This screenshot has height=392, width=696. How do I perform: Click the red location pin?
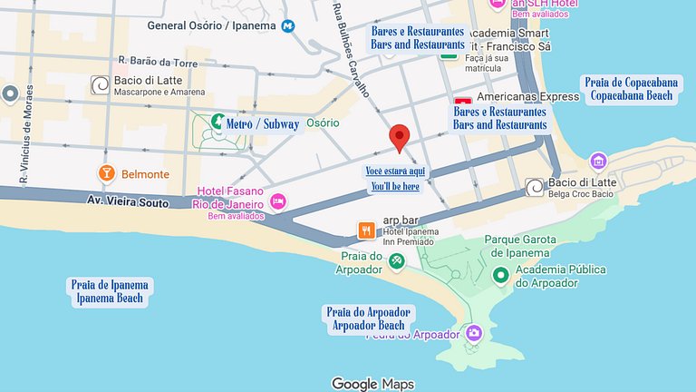coord(400,138)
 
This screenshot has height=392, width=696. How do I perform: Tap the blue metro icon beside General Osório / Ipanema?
coord(288,26)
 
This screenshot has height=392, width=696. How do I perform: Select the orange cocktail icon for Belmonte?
coord(106,173)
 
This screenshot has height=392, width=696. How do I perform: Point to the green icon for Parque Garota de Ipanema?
coord(500,274)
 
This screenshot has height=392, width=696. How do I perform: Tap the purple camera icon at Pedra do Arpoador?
coord(473,333)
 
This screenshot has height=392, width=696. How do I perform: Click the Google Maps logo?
coord(372,384)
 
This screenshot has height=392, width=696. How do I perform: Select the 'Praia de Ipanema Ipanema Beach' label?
coord(111,291)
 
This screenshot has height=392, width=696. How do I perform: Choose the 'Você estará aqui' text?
coord(395,171)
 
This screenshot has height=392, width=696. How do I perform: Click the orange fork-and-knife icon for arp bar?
coord(366,230)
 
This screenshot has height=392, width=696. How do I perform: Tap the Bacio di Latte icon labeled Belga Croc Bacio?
coord(535,186)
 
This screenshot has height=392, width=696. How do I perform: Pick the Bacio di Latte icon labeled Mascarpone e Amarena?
coord(100,85)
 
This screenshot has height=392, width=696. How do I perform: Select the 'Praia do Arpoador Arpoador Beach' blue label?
coord(369,318)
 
